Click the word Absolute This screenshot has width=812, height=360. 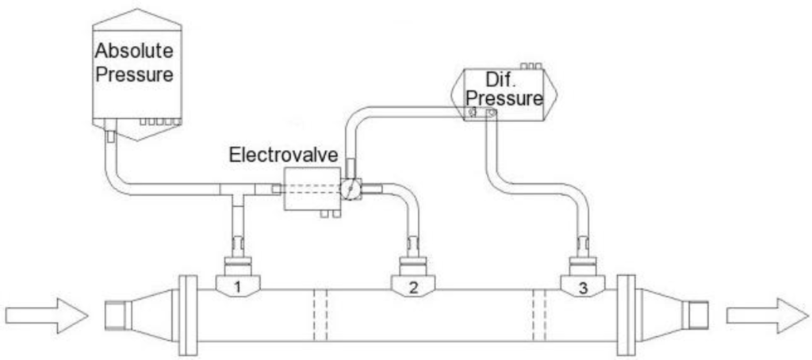[x=135, y=52]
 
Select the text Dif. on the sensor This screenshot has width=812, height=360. [x=501, y=80]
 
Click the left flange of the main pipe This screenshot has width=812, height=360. [x=188, y=315]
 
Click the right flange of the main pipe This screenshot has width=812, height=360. [x=626, y=315]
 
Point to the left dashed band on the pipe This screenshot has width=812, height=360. [x=320, y=315]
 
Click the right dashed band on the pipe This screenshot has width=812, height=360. [x=540, y=315]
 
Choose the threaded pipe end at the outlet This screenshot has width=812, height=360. [x=699, y=315]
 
